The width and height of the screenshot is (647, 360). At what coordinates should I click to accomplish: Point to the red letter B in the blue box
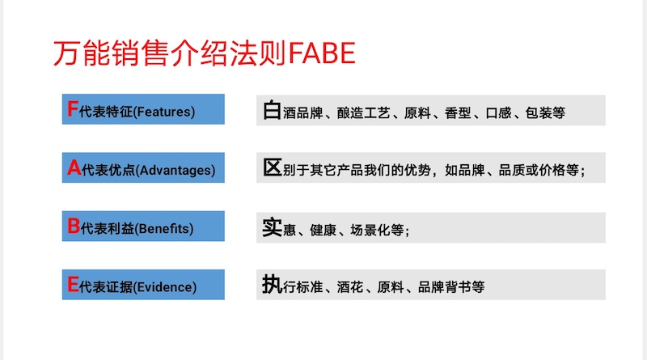click(73, 227)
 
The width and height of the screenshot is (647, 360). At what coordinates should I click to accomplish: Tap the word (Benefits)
click(165, 229)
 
